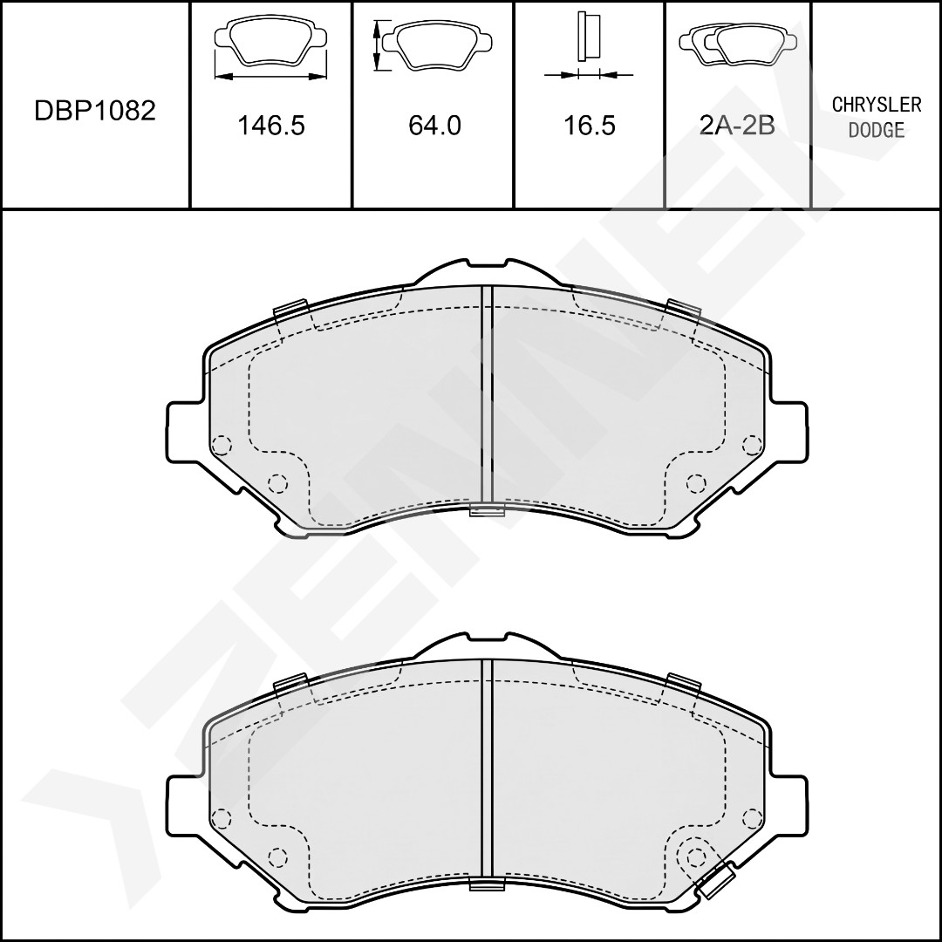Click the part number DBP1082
coord(95,111)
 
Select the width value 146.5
coord(271,125)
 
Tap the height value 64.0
coord(434,125)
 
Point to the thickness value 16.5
coord(590,125)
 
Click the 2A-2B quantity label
coord(738,125)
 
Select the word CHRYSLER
coord(877,105)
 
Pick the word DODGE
coord(877,130)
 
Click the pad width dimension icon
coord(271,49)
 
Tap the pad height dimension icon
coord(432,44)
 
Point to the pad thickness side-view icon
coord(589,45)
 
